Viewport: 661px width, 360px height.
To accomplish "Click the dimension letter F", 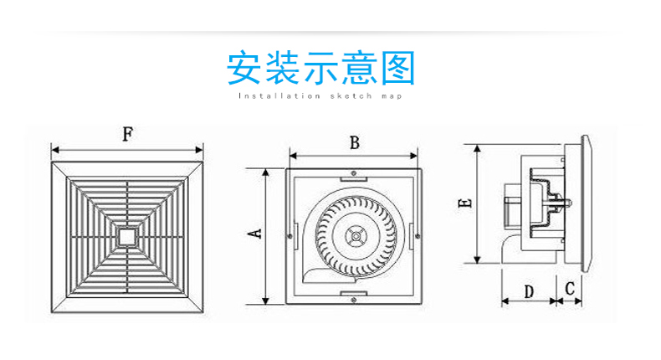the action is [128, 134].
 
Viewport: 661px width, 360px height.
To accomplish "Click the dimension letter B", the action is [355, 143].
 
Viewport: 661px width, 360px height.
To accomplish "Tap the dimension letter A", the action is [255, 234].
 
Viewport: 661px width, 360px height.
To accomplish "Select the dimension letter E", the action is [465, 203].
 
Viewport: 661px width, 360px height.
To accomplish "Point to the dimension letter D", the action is [529, 291].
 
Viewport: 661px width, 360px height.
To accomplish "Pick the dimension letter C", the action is [570, 289].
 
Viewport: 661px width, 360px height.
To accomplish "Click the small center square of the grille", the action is [127, 236].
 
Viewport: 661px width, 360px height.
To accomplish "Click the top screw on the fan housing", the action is [354, 173].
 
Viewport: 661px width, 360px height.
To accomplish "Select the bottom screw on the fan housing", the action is [354, 300].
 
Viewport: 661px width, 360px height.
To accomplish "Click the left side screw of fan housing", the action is [290, 236].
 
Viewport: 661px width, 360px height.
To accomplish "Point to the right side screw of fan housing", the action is [418, 236].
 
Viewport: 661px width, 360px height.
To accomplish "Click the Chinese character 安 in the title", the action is [243, 68].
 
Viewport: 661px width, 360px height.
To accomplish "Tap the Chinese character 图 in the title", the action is [398, 68].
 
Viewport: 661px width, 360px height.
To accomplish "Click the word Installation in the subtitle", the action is [279, 96].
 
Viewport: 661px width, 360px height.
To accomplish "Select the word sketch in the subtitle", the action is [351, 96].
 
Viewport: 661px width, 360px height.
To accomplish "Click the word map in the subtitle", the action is [392, 96].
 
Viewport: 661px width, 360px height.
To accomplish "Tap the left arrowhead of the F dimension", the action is [54, 150].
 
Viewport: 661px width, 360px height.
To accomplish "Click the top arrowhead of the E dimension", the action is [477, 148].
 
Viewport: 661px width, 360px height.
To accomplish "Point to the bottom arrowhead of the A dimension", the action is [265, 301].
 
